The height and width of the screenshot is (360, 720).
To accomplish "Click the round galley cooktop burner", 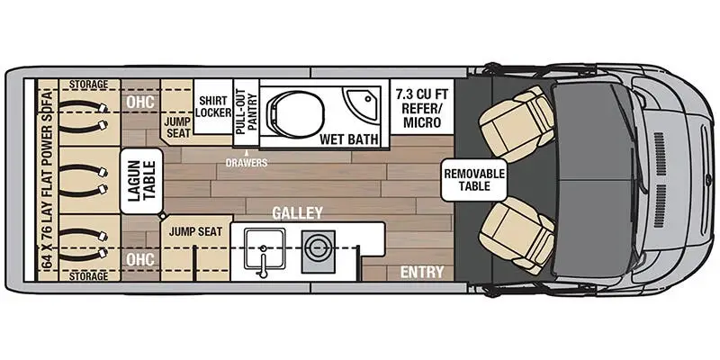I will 316,245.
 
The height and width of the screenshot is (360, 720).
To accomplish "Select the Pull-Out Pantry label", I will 240,111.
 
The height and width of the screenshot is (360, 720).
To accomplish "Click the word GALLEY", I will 297,213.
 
